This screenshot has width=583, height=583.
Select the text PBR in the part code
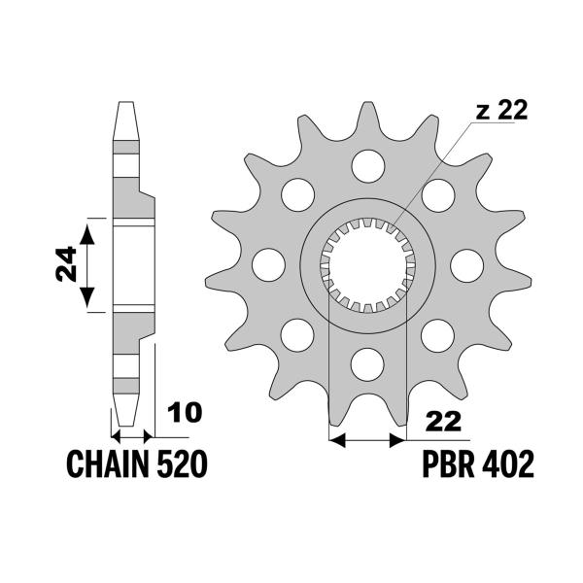coord(448,464)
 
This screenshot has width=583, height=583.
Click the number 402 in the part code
coord(507,464)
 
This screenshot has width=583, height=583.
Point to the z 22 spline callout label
coord(501,111)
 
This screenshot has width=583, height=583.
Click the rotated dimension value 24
coord(66,264)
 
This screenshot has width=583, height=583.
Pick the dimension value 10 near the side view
coord(184,412)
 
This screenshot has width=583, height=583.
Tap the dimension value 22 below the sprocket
coord(443,422)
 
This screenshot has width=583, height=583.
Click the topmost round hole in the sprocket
coord(367,166)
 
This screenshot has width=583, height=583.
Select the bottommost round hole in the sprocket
coord(367,364)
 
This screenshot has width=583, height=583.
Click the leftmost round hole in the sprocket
coord(268,264)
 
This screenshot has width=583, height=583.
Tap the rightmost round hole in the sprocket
coord(466,265)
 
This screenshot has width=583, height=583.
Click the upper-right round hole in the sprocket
coord(438,195)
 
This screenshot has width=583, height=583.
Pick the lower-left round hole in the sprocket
coord(297,335)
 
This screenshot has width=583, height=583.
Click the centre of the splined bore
coord(367,265)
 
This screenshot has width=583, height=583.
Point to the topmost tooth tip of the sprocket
coord(367,102)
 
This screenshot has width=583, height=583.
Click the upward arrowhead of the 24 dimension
coord(87,234)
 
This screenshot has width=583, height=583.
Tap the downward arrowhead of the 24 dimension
coord(87,297)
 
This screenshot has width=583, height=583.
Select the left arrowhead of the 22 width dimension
coord(337,440)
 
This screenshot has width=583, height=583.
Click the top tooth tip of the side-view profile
coord(125,103)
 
